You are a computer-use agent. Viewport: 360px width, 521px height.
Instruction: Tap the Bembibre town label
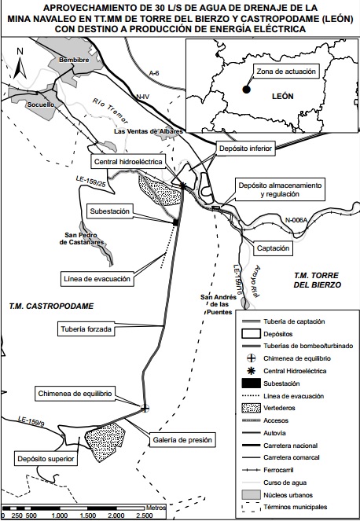[x=74, y=60]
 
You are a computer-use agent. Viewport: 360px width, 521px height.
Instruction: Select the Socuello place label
[x=41, y=105]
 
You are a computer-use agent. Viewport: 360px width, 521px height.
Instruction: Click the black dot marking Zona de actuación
[x=246, y=90]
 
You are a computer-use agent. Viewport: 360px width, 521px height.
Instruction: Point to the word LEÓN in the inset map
[x=282, y=97]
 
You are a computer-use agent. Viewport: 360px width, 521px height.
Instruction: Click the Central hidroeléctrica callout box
[x=128, y=162]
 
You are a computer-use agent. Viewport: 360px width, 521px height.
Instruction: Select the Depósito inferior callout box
[x=246, y=149]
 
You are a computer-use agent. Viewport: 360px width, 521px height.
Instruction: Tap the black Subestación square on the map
[x=176, y=222]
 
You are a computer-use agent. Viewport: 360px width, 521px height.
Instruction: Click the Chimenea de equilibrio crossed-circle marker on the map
[x=145, y=409]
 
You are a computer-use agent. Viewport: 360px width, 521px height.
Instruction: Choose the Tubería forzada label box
[x=86, y=329]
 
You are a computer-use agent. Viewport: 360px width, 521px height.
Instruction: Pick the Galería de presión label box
[x=182, y=440]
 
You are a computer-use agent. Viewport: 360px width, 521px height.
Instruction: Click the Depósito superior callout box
[x=46, y=459]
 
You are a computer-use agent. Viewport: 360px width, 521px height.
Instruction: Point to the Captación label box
[x=274, y=248]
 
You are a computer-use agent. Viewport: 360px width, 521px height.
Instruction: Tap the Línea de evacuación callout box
[x=97, y=279]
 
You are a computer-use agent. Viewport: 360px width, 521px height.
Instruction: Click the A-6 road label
[x=154, y=73]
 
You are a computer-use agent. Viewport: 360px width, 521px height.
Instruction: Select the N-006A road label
[x=296, y=220]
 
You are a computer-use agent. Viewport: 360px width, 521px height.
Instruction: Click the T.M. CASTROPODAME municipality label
[x=52, y=306]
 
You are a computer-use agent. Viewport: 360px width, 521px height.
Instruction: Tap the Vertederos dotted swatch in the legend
[x=252, y=408]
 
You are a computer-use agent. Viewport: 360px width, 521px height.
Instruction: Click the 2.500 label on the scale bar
[x=145, y=515]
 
